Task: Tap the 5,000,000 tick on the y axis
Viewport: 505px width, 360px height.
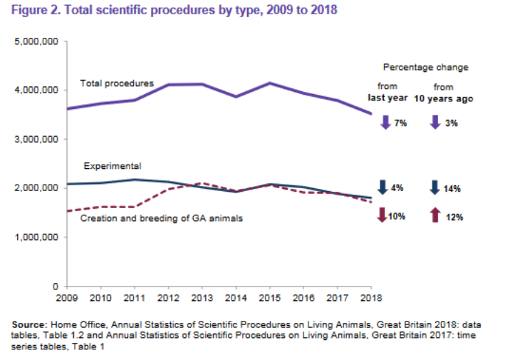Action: (x=36, y=43)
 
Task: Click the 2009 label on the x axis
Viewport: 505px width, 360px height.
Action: (x=68, y=298)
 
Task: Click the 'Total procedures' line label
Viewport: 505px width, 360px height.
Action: (x=117, y=84)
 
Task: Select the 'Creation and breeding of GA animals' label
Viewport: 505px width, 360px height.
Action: (x=160, y=218)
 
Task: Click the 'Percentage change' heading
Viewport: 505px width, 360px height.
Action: (x=426, y=67)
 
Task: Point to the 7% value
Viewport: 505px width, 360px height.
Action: (x=400, y=123)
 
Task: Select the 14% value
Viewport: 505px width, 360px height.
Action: (x=452, y=189)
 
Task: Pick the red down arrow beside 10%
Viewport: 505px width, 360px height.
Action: (x=382, y=215)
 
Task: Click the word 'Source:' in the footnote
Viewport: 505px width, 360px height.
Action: (x=30, y=325)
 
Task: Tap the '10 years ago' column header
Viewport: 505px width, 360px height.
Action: (x=443, y=98)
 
